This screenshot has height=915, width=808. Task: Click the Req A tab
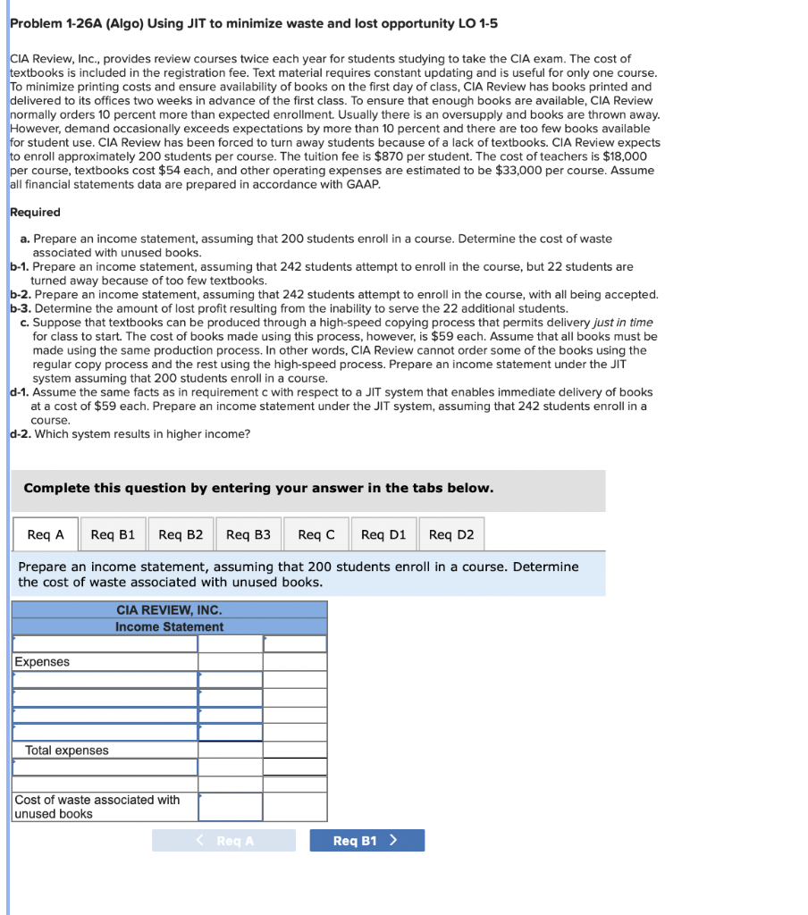[46, 534]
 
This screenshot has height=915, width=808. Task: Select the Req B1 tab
[113, 534]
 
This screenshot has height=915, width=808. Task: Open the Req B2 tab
[181, 534]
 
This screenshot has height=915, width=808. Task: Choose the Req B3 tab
[248, 534]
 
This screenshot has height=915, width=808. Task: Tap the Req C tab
[316, 534]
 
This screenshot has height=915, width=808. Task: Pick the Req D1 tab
[383, 534]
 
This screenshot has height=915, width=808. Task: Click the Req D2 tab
[451, 534]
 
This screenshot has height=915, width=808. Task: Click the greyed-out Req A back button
[223, 841]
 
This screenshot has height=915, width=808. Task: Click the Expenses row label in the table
[42, 662]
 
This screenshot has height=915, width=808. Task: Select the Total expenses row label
[67, 751]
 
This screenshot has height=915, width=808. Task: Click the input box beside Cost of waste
[230, 807]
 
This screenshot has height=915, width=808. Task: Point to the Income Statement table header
[169, 627]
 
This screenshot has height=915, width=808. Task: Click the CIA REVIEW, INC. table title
[169, 610]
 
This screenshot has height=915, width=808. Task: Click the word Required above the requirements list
[35, 213]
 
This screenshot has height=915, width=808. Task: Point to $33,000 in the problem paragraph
[515, 171]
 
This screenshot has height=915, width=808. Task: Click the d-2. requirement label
[20, 434]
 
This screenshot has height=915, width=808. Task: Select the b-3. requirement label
[20, 308]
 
